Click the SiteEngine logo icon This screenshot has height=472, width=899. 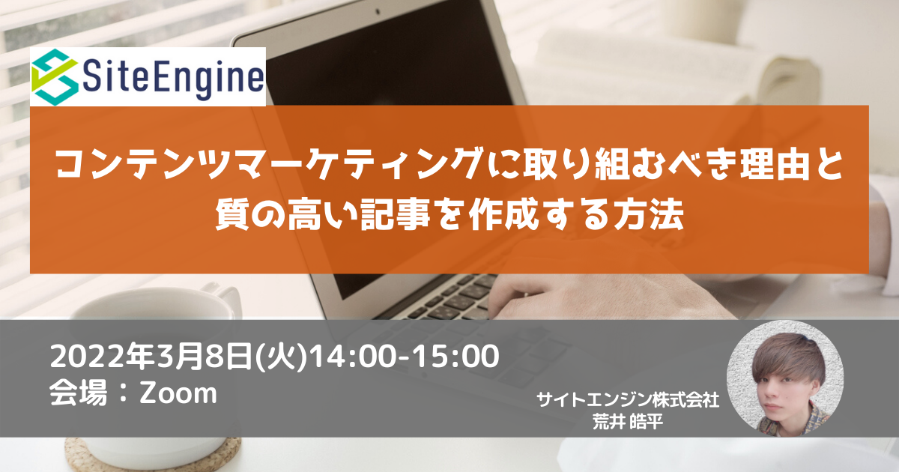[55, 77]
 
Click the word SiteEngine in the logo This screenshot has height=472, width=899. [173, 79]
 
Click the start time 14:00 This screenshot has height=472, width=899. [354, 357]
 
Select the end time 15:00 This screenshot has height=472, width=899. [457, 357]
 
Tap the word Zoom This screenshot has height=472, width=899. [178, 393]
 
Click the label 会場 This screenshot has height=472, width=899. [78, 393]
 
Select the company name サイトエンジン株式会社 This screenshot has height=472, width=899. [628, 400]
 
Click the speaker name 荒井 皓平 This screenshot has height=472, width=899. [628, 421]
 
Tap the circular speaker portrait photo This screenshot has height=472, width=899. [785, 378]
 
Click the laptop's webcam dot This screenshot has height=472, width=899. [378, 12]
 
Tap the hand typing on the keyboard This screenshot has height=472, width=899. [602, 297]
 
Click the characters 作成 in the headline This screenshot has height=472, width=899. [504, 216]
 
